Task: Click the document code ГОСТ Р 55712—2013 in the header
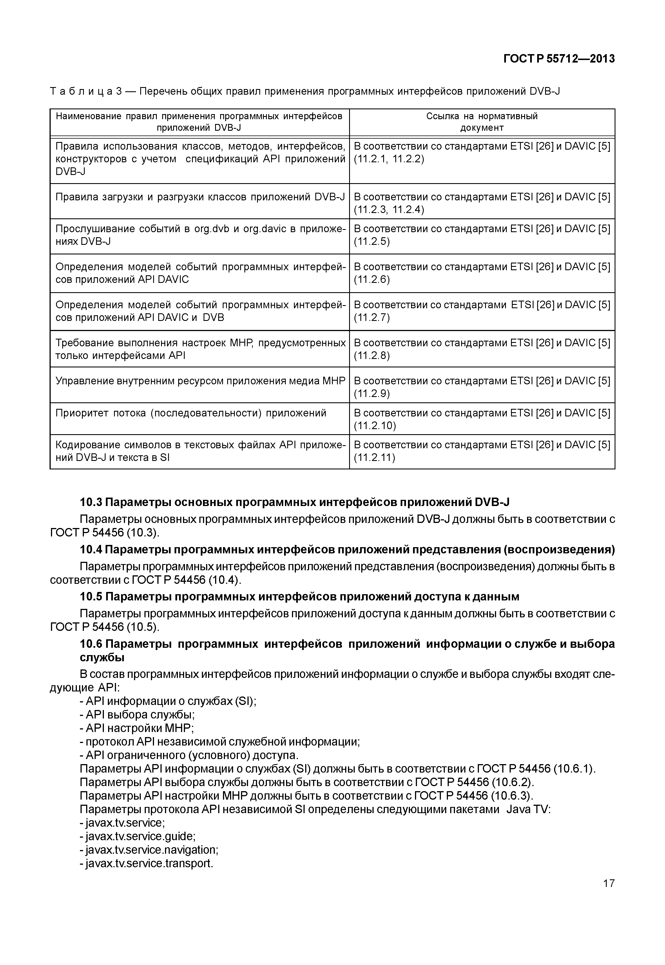pos(559,59)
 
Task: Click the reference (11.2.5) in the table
pos(372,241)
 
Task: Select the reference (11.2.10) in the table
pos(374,426)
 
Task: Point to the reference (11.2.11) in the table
pos(374,458)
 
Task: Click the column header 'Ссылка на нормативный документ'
pos(482,122)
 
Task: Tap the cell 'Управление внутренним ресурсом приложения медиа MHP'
pos(200,381)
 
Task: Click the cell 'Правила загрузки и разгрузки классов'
pos(200,197)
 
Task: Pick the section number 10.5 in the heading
pos(91,597)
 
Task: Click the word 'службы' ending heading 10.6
pos(102,658)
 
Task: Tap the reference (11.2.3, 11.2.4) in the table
pos(389,209)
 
